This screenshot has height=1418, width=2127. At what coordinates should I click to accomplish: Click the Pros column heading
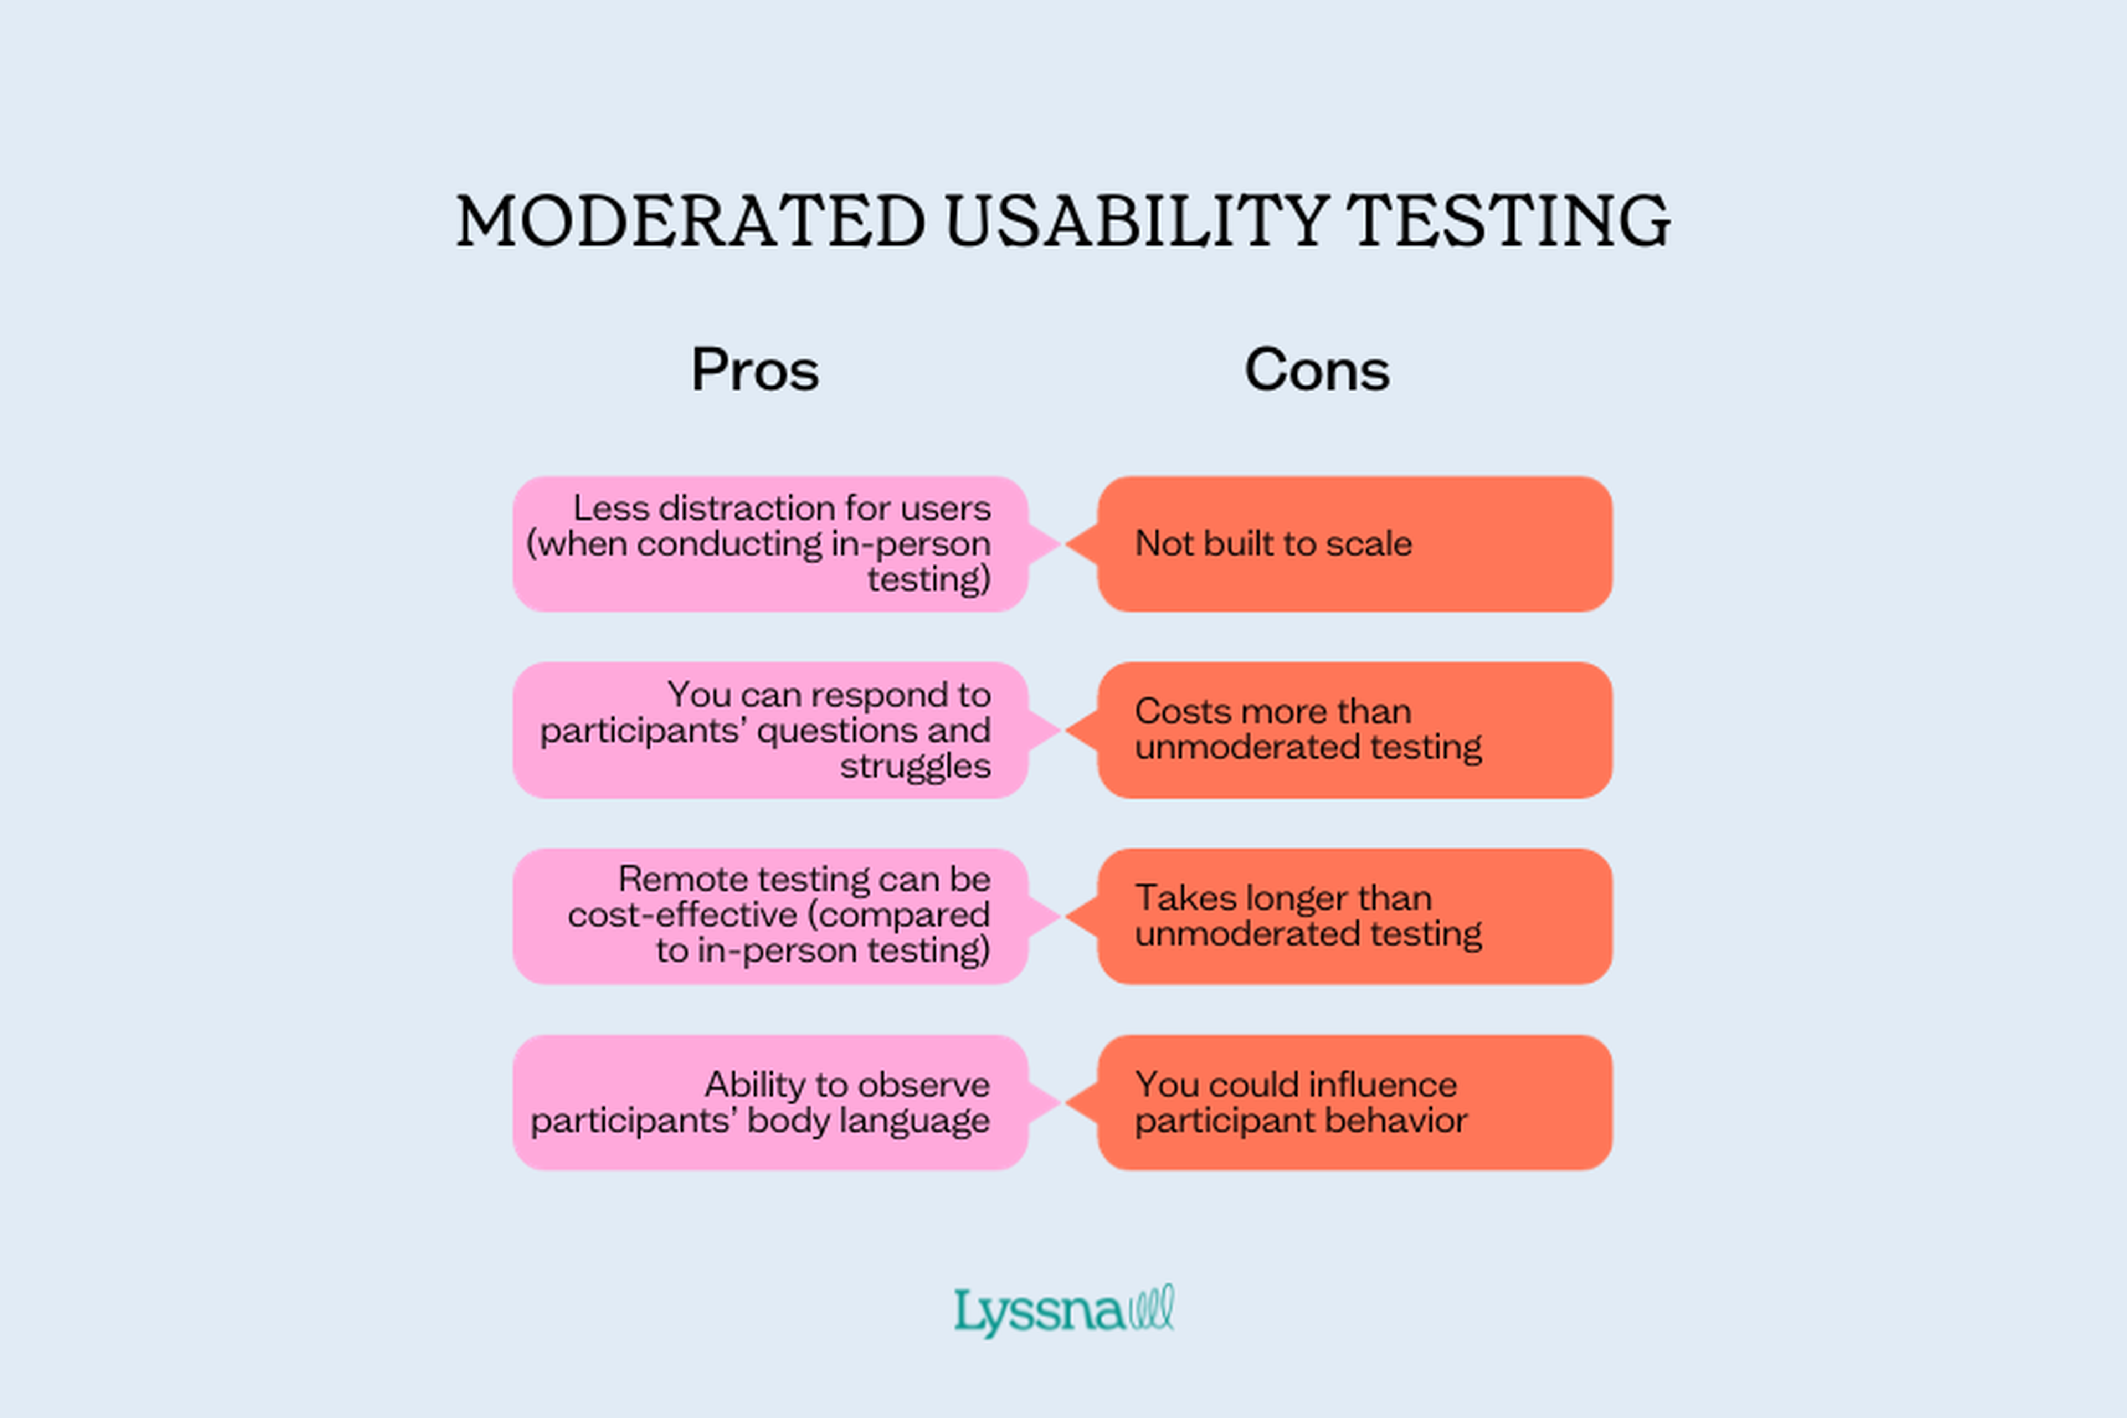pos(755,370)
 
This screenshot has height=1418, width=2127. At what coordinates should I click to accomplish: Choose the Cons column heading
pos(1317,370)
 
